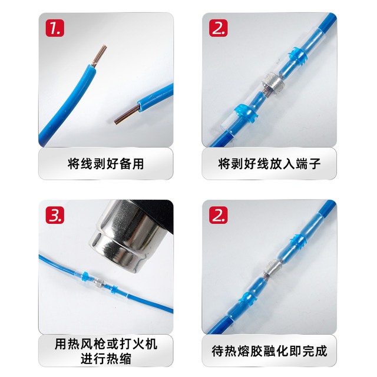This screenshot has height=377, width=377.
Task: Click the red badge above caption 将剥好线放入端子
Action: pos(218,29)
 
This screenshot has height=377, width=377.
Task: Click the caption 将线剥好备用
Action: pos(106,164)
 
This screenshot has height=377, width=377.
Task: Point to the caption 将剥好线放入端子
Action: pos(269,164)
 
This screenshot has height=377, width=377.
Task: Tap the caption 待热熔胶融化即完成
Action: pos(269,351)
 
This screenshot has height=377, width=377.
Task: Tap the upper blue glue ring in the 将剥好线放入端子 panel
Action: pos(300,57)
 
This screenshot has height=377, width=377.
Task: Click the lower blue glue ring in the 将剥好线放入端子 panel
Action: pos(243,110)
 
